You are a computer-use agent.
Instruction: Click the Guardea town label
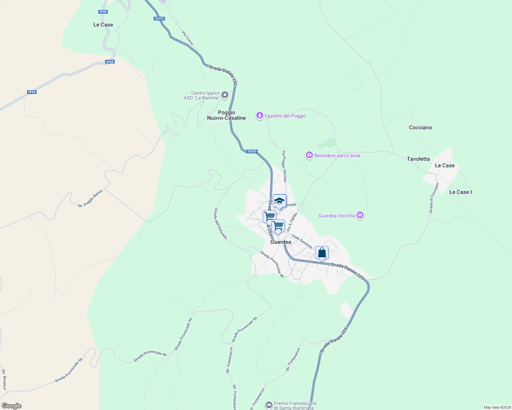tap(281, 242)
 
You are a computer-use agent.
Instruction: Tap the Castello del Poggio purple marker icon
tap(260, 116)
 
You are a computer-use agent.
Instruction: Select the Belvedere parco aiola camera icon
tap(309, 155)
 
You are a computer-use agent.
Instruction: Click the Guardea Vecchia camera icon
tap(360, 215)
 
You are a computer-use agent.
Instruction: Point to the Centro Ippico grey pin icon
tap(225, 95)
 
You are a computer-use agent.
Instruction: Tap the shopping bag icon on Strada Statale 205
tap(322, 253)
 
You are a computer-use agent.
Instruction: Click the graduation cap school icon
tap(279, 201)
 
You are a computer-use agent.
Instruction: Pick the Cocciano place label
tap(420, 127)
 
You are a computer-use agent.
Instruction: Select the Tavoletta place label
tap(418, 159)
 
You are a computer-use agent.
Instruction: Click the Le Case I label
tap(460, 192)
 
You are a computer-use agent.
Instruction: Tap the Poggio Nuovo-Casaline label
tap(227, 115)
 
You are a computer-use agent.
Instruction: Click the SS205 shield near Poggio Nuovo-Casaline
tap(252, 151)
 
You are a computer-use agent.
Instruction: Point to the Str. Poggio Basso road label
tap(90, 199)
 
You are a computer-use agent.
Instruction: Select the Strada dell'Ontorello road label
tap(220, 223)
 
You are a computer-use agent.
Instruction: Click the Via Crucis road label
tap(188, 38)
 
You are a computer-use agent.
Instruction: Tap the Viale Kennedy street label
tap(302, 241)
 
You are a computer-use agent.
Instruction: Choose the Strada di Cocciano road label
tap(434, 198)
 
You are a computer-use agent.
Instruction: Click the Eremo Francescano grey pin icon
tap(269, 405)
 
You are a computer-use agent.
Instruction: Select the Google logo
tap(11, 406)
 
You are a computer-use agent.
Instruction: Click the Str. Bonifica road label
tap(4, 379)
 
